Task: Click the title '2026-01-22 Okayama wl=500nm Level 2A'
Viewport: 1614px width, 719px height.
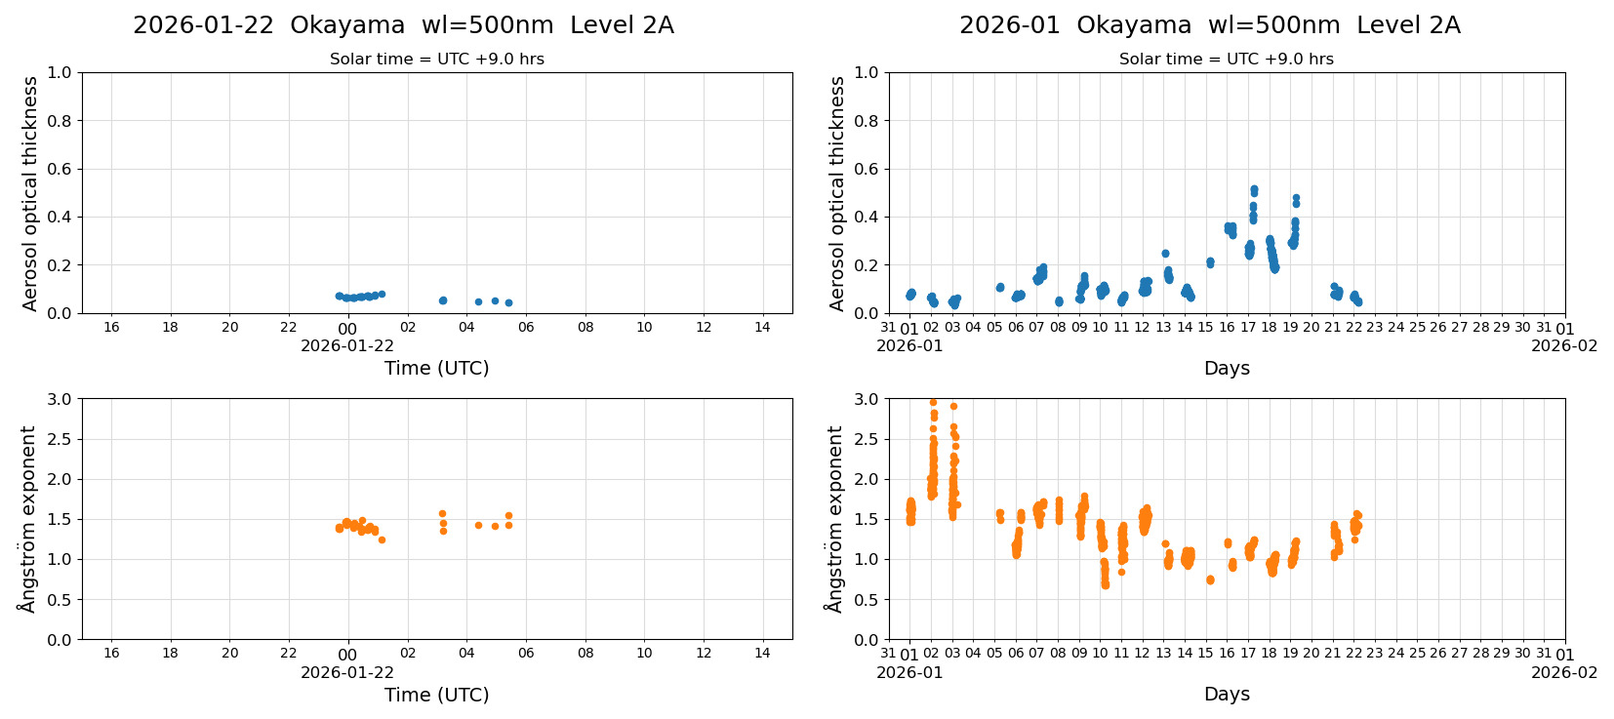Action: point(403,25)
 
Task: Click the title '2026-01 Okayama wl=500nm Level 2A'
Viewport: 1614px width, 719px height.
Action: point(1209,25)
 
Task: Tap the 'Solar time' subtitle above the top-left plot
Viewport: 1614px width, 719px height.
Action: point(436,60)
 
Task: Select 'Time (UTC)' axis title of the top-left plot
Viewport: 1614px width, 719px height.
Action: point(436,368)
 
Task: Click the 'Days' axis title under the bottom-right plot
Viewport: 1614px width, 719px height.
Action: point(1227,695)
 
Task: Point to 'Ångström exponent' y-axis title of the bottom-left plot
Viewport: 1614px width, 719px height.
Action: point(27,519)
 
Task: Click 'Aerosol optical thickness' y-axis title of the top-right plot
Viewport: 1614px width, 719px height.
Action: point(837,193)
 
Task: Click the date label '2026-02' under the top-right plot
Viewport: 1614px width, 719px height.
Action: point(1564,346)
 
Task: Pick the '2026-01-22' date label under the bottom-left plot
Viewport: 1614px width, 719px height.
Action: point(347,673)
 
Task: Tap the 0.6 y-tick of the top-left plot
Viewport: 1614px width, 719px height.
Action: point(60,169)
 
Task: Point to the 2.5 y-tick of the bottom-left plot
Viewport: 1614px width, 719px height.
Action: point(60,439)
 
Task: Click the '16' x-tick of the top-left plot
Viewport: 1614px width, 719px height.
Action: point(111,328)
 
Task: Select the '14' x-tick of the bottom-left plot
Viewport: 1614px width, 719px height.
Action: point(762,654)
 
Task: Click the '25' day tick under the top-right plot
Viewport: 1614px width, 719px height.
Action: point(1417,328)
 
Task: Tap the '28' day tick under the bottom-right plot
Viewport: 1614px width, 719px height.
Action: point(1480,654)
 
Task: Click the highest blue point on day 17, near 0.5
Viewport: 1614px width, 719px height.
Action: point(1254,189)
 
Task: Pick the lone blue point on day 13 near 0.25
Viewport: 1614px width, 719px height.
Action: point(1165,254)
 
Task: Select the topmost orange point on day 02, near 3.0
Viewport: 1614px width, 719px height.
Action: point(933,402)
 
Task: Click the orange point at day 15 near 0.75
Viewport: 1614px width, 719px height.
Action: point(1210,579)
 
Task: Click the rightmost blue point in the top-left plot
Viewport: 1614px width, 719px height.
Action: point(508,302)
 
